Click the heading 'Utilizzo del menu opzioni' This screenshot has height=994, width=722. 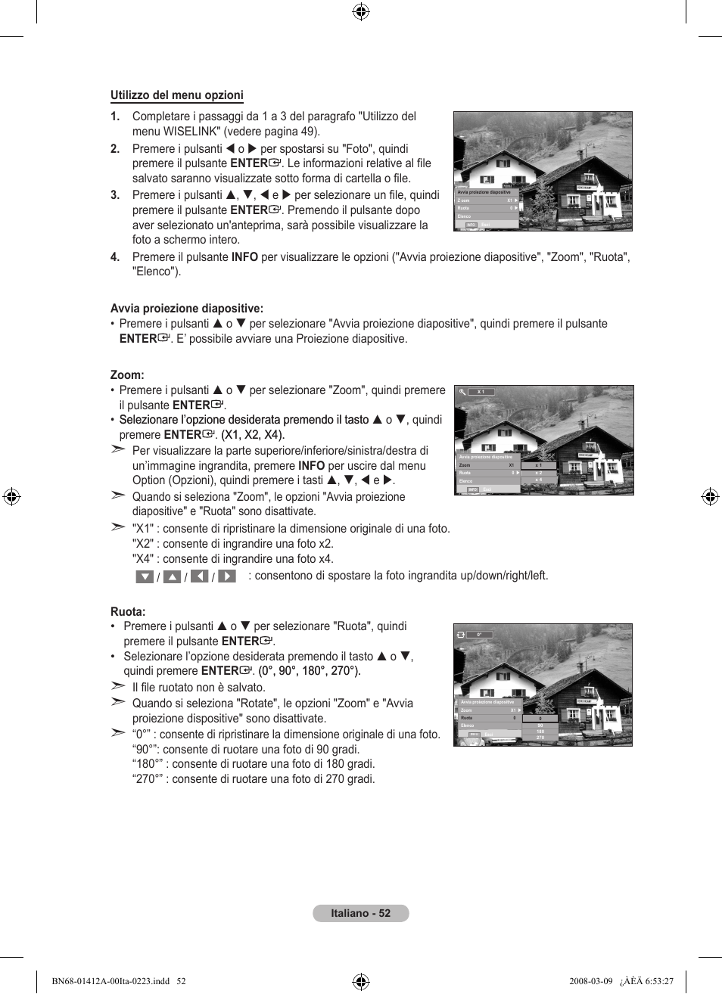tap(176, 95)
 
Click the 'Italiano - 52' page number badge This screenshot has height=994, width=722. tap(360, 913)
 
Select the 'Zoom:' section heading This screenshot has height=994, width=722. tap(127, 375)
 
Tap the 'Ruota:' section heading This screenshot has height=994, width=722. tap(128, 612)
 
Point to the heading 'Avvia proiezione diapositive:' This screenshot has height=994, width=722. tap(187, 309)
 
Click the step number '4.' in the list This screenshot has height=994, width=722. tap(115, 257)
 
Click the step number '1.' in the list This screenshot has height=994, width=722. tap(115, 116)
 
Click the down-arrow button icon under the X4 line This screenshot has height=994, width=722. tap(145, 576)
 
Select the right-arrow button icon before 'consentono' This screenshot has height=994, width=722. tap(227, 576)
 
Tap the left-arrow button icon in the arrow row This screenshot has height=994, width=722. tap(200, 576)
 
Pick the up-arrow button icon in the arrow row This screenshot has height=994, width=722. tap(172, 576)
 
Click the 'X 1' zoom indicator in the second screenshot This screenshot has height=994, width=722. tap(481, 392)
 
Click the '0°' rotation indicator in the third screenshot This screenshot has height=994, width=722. tap(479, 635)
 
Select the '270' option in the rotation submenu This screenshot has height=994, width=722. tap(540, 738)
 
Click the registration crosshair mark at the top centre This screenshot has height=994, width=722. tap(361, 11)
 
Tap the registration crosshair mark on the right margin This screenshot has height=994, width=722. tap(710, 497)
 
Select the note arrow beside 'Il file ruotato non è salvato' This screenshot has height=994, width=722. tap(117, 686)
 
